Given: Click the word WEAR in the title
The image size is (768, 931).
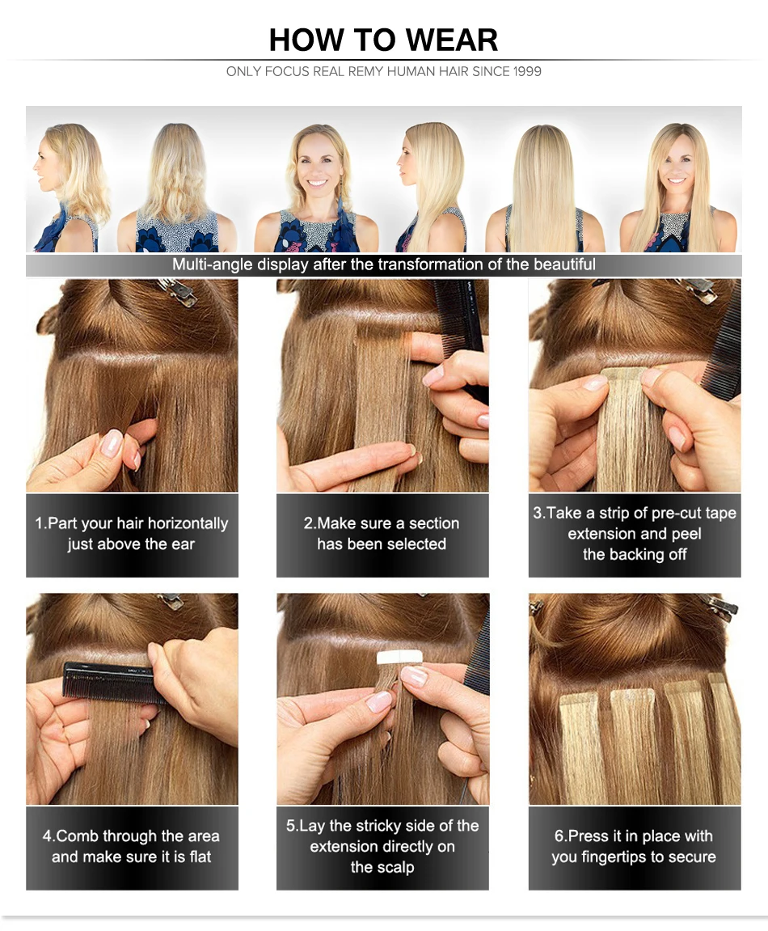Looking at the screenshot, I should [x=452, y=40].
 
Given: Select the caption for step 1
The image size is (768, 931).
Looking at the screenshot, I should [x=132, y=534].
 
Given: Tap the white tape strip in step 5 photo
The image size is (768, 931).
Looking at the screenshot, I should [x=396, y=662].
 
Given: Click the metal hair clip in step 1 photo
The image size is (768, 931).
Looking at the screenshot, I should [x=180, y=293].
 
